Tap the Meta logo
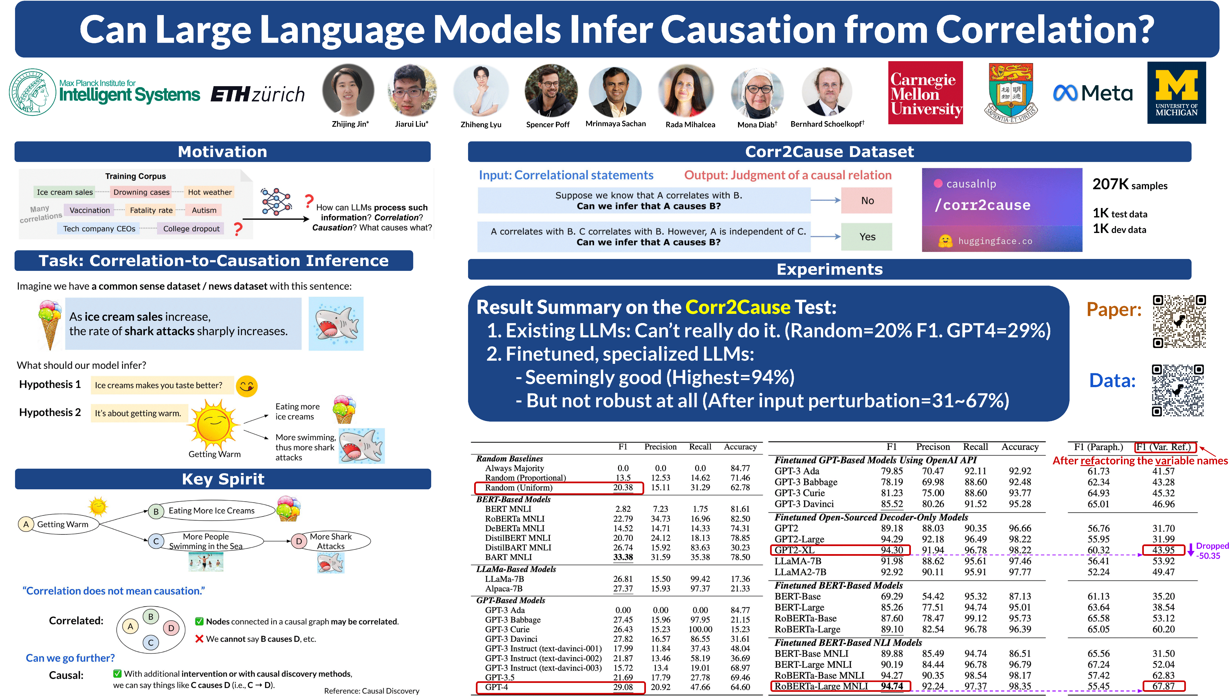[1093, 93]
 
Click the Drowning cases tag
[141, 192]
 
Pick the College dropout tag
[191, 229]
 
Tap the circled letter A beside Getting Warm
[26, 524]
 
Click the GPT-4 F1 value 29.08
[622, 687]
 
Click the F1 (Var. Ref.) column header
[1165, 447]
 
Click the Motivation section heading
[222, 152]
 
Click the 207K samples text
[1129, 184]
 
